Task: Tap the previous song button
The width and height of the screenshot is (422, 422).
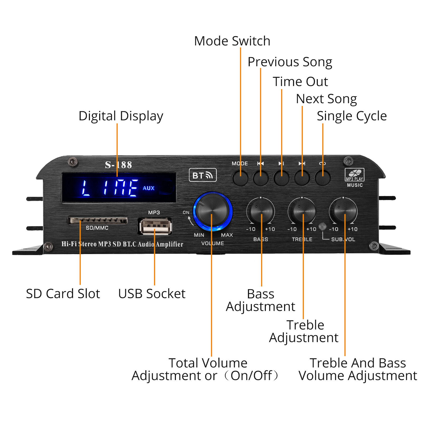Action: point(261,178)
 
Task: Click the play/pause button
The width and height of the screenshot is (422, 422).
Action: point(281,178)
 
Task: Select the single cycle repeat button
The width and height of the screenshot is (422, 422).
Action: point(323,178)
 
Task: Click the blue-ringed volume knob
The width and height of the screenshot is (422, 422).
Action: point(213,211)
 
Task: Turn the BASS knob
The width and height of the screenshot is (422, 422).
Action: point(261,211)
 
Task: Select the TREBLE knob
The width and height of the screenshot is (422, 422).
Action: point(302,211)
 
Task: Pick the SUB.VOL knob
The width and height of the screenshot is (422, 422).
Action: point(343,211)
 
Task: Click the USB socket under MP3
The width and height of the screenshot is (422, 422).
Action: point(155,226)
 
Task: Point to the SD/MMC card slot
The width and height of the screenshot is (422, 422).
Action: point(98,220)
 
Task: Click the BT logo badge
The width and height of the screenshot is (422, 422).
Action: point(203,175)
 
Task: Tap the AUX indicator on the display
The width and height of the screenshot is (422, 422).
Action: point(148,188)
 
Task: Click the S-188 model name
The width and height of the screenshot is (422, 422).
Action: point(118,165)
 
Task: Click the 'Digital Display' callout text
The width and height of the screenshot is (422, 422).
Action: point(121,116)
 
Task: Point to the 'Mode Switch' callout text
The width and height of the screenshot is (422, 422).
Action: point(232,41)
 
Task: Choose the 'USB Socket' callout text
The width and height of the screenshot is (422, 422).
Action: point(152,294)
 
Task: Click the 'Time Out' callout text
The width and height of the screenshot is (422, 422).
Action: point(300,81)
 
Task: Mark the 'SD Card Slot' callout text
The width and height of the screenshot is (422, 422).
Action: point(63,294)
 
